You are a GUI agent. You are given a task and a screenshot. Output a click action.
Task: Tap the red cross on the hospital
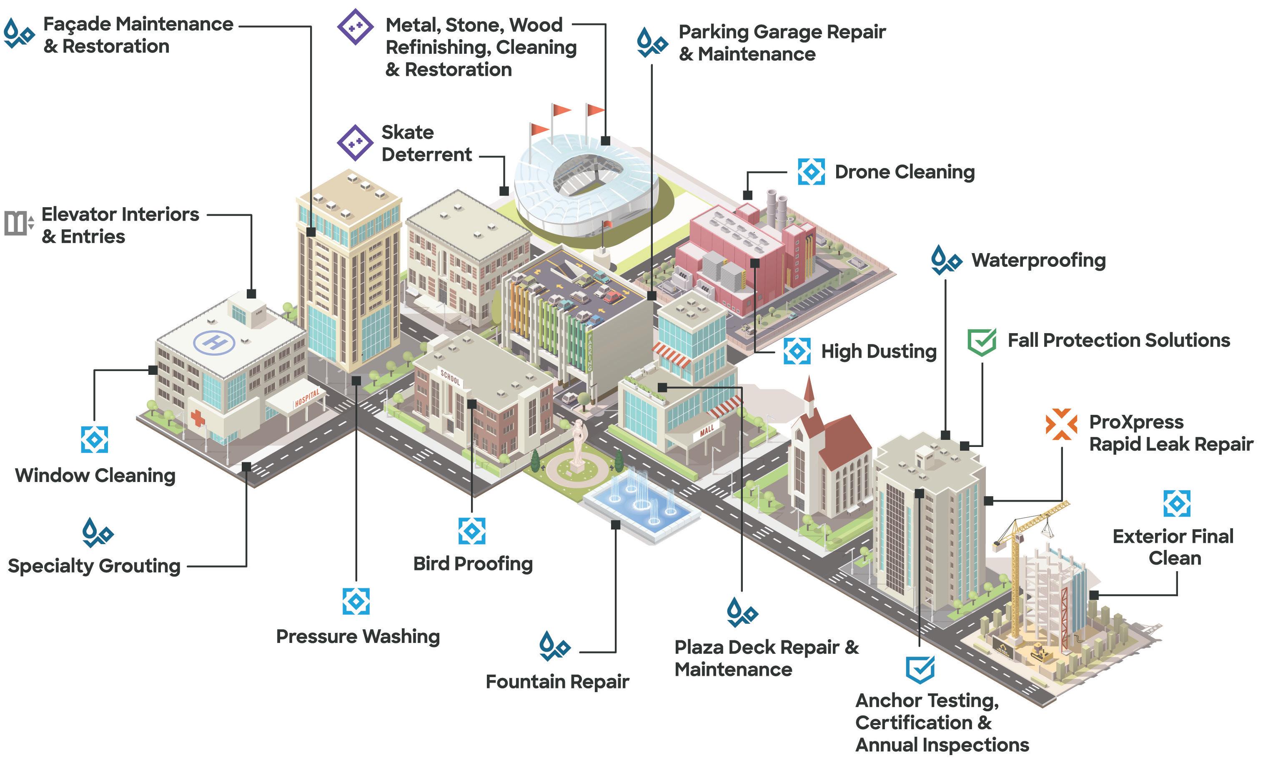pos(197,419)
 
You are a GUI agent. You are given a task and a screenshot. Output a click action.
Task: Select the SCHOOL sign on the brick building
pos(450,377)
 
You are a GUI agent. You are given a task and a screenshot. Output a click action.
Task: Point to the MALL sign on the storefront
pos(707,431)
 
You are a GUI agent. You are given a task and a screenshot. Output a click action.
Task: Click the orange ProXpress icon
pos(1061,424)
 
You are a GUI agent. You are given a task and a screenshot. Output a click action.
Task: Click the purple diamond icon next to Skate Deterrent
pos(355,143)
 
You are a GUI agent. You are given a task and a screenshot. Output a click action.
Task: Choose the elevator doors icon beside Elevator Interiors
pos(18,223)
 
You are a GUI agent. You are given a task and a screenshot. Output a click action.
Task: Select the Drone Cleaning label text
pos(904,172)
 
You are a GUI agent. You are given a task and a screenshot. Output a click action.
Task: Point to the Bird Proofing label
pos(473,564)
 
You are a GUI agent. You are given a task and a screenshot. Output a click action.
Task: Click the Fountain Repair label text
pos(557,682)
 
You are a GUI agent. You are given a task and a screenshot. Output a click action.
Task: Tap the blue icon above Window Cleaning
pos(94,439)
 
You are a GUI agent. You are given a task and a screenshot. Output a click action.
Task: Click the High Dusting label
pos(879,351)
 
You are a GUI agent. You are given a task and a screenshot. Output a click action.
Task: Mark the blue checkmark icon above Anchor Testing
pos(920,669)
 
